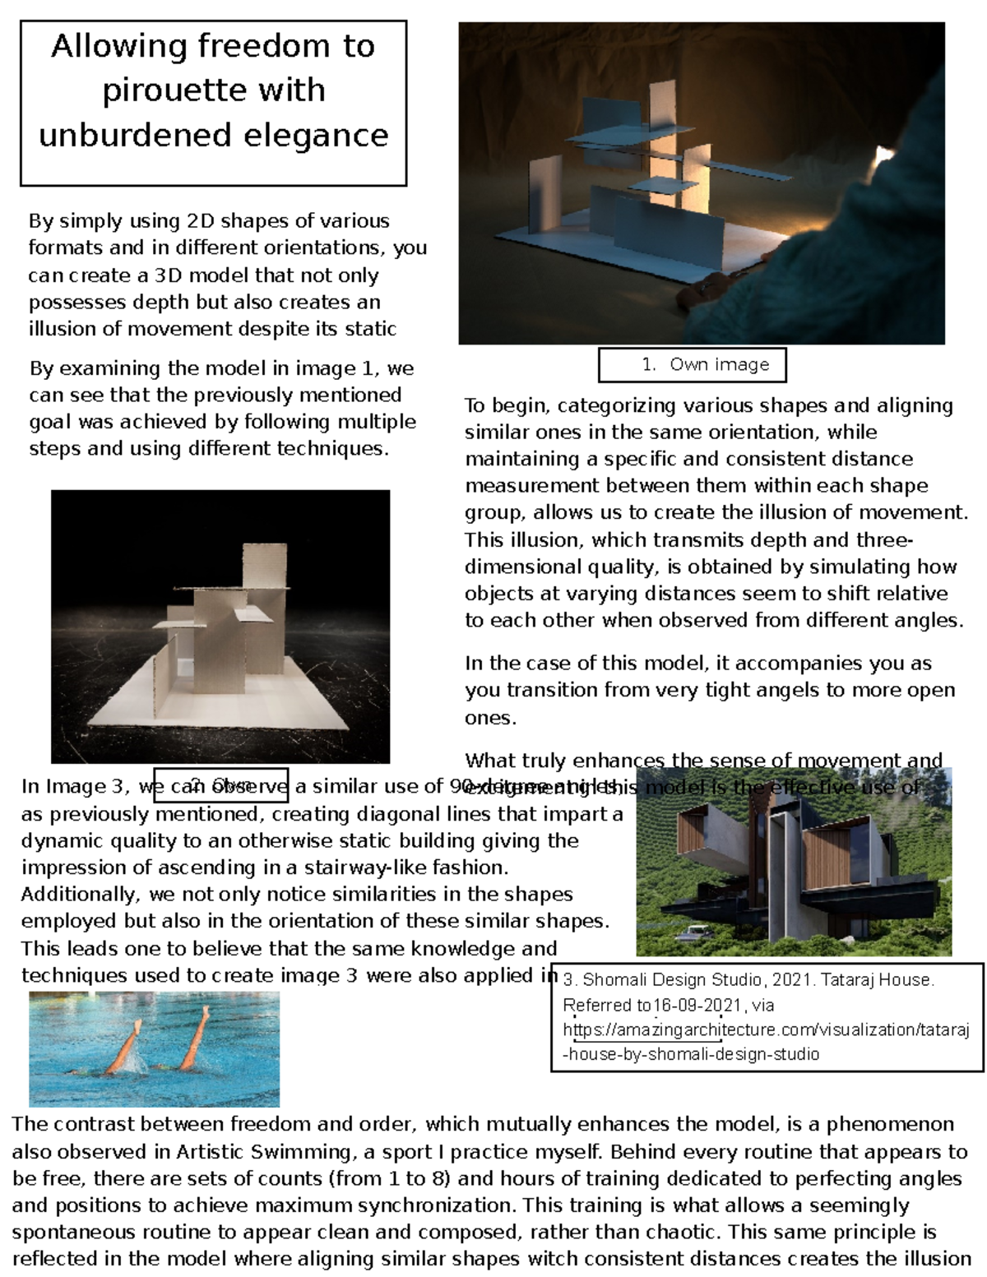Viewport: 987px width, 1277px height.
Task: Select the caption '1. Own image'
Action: pos(693,365)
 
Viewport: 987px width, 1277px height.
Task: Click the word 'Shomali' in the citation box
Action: pos(615,980)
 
